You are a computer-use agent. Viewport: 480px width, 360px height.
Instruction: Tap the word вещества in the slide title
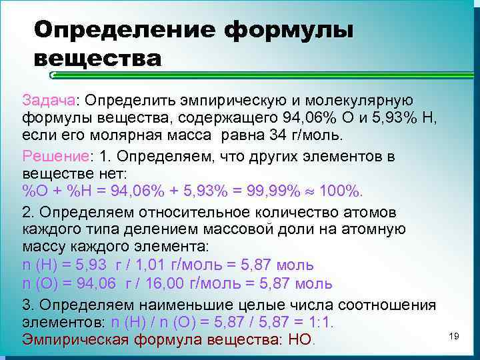tap(97, 58)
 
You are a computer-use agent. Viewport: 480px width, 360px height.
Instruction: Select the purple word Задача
tap(49, 99)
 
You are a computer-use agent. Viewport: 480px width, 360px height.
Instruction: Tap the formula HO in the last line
tap(300, 341)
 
